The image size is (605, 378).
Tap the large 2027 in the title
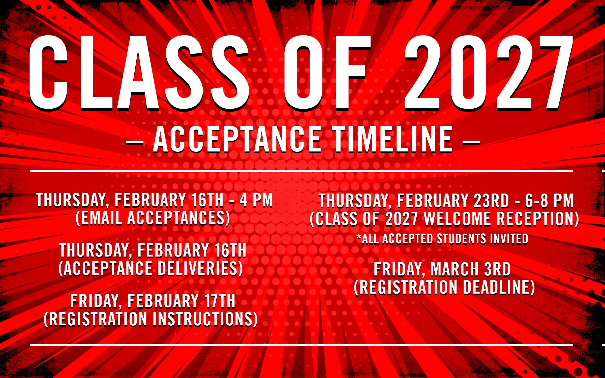[x=489, y=73]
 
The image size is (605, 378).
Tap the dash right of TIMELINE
[x=471, y=143]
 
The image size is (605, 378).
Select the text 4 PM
[x=256, y=200]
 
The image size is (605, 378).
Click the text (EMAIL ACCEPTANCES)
[x=153, y=218]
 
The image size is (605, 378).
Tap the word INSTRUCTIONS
[x=205, y=319]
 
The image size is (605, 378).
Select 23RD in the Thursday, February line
[x=491, y=201]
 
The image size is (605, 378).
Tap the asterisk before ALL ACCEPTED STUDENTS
[x=359, y=236]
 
